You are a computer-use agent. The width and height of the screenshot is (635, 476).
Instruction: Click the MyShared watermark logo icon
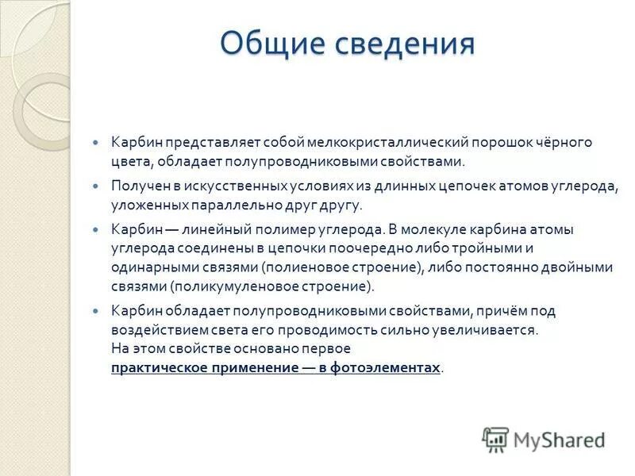[495, 440]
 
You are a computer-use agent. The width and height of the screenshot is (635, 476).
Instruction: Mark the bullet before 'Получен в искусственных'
[97, 186]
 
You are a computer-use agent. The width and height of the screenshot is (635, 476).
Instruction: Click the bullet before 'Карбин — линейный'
[97, 229]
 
